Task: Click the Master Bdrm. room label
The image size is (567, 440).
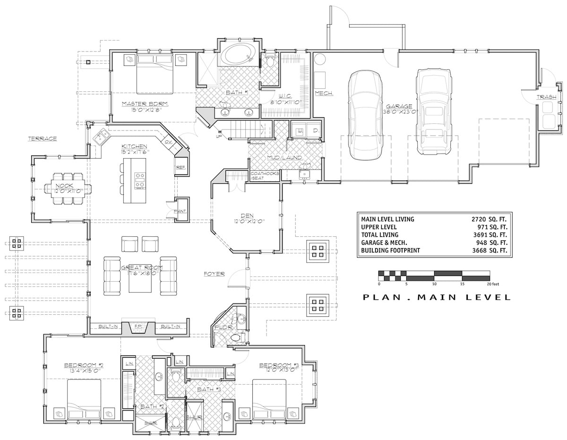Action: click(145, 104)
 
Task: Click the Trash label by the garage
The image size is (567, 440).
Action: click(546, 97)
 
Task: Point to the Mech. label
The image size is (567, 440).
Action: click(324, 93)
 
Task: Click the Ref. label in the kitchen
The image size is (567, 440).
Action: click(181, 167)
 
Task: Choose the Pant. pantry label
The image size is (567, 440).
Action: click(180, 211)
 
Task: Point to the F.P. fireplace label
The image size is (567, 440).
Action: click(138, 327)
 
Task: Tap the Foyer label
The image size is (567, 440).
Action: click(214, 274)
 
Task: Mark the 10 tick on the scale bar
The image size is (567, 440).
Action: click(434, 284)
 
